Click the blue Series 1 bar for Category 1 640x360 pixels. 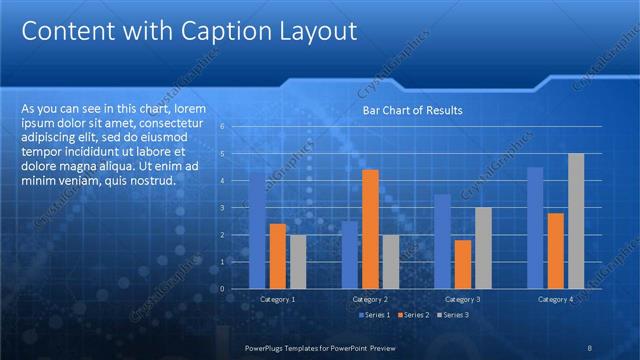pyautogui.click(x=257, y=231)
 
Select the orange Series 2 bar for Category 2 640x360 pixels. pyautogui.click(x=370, y=229)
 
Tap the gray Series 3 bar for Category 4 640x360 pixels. pyautogui.click(x=576, y=221)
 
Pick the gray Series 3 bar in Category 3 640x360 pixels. pyautogui.click(x=483, y=248)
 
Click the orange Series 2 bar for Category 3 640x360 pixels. pyautogui.click(x=463, y=264)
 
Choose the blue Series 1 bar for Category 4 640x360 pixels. pyautogui.click(x=535, y=228)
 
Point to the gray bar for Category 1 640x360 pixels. pyautogui.click(x=298, y=262)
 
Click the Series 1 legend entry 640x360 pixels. pyautogui.click(x=375, y=315)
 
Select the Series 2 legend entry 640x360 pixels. pyautogui.click(x=413, y=315)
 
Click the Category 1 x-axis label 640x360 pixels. pyautogui.click(x=277, y=299)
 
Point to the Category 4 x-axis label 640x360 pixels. pyautogui.click(x=555, y=299)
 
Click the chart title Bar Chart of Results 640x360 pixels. pyautogui.click(x=412, y=110)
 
